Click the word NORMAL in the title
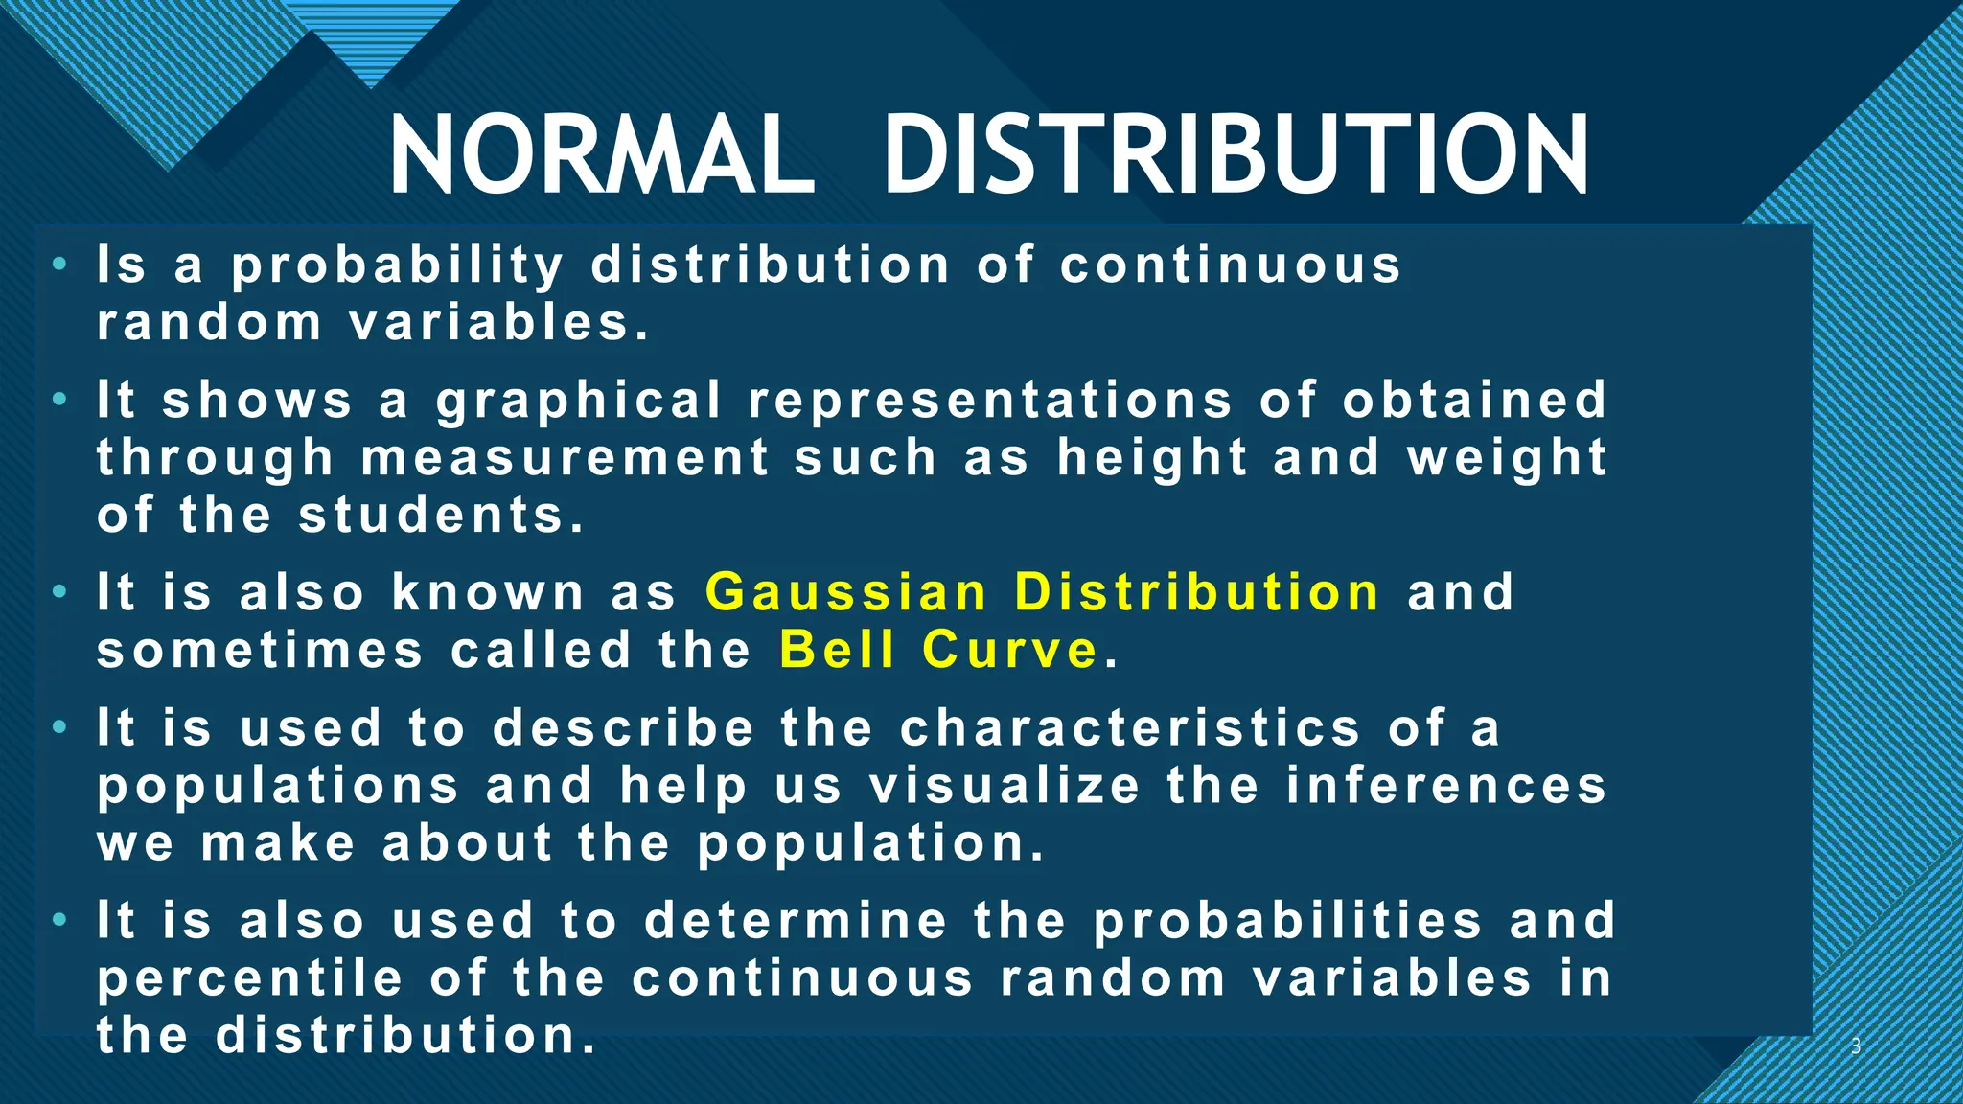click(x=602, y=155)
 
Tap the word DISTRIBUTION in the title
click(x=1236, y=155)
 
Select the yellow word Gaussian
click(x=846, y=591)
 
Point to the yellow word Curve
click(x=1010, y=650)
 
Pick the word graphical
click(x=579, y=401)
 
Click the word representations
click(x=990, y=401)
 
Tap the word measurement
click(x=566, y=457)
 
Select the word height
click(x=1153, y=457)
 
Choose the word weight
click(x=1507, y=457)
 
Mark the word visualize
click(x=1005, y=786)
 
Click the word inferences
click(x=1446, y=786)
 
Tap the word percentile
click(x=250, y=978)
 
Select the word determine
click(x=797, y=921)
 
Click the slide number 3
click(x=1856, y=1046)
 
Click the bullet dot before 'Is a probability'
click(x=60, y=263)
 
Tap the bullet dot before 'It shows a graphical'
click(x=60, y=398)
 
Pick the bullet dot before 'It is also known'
click(x=60, y=590)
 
